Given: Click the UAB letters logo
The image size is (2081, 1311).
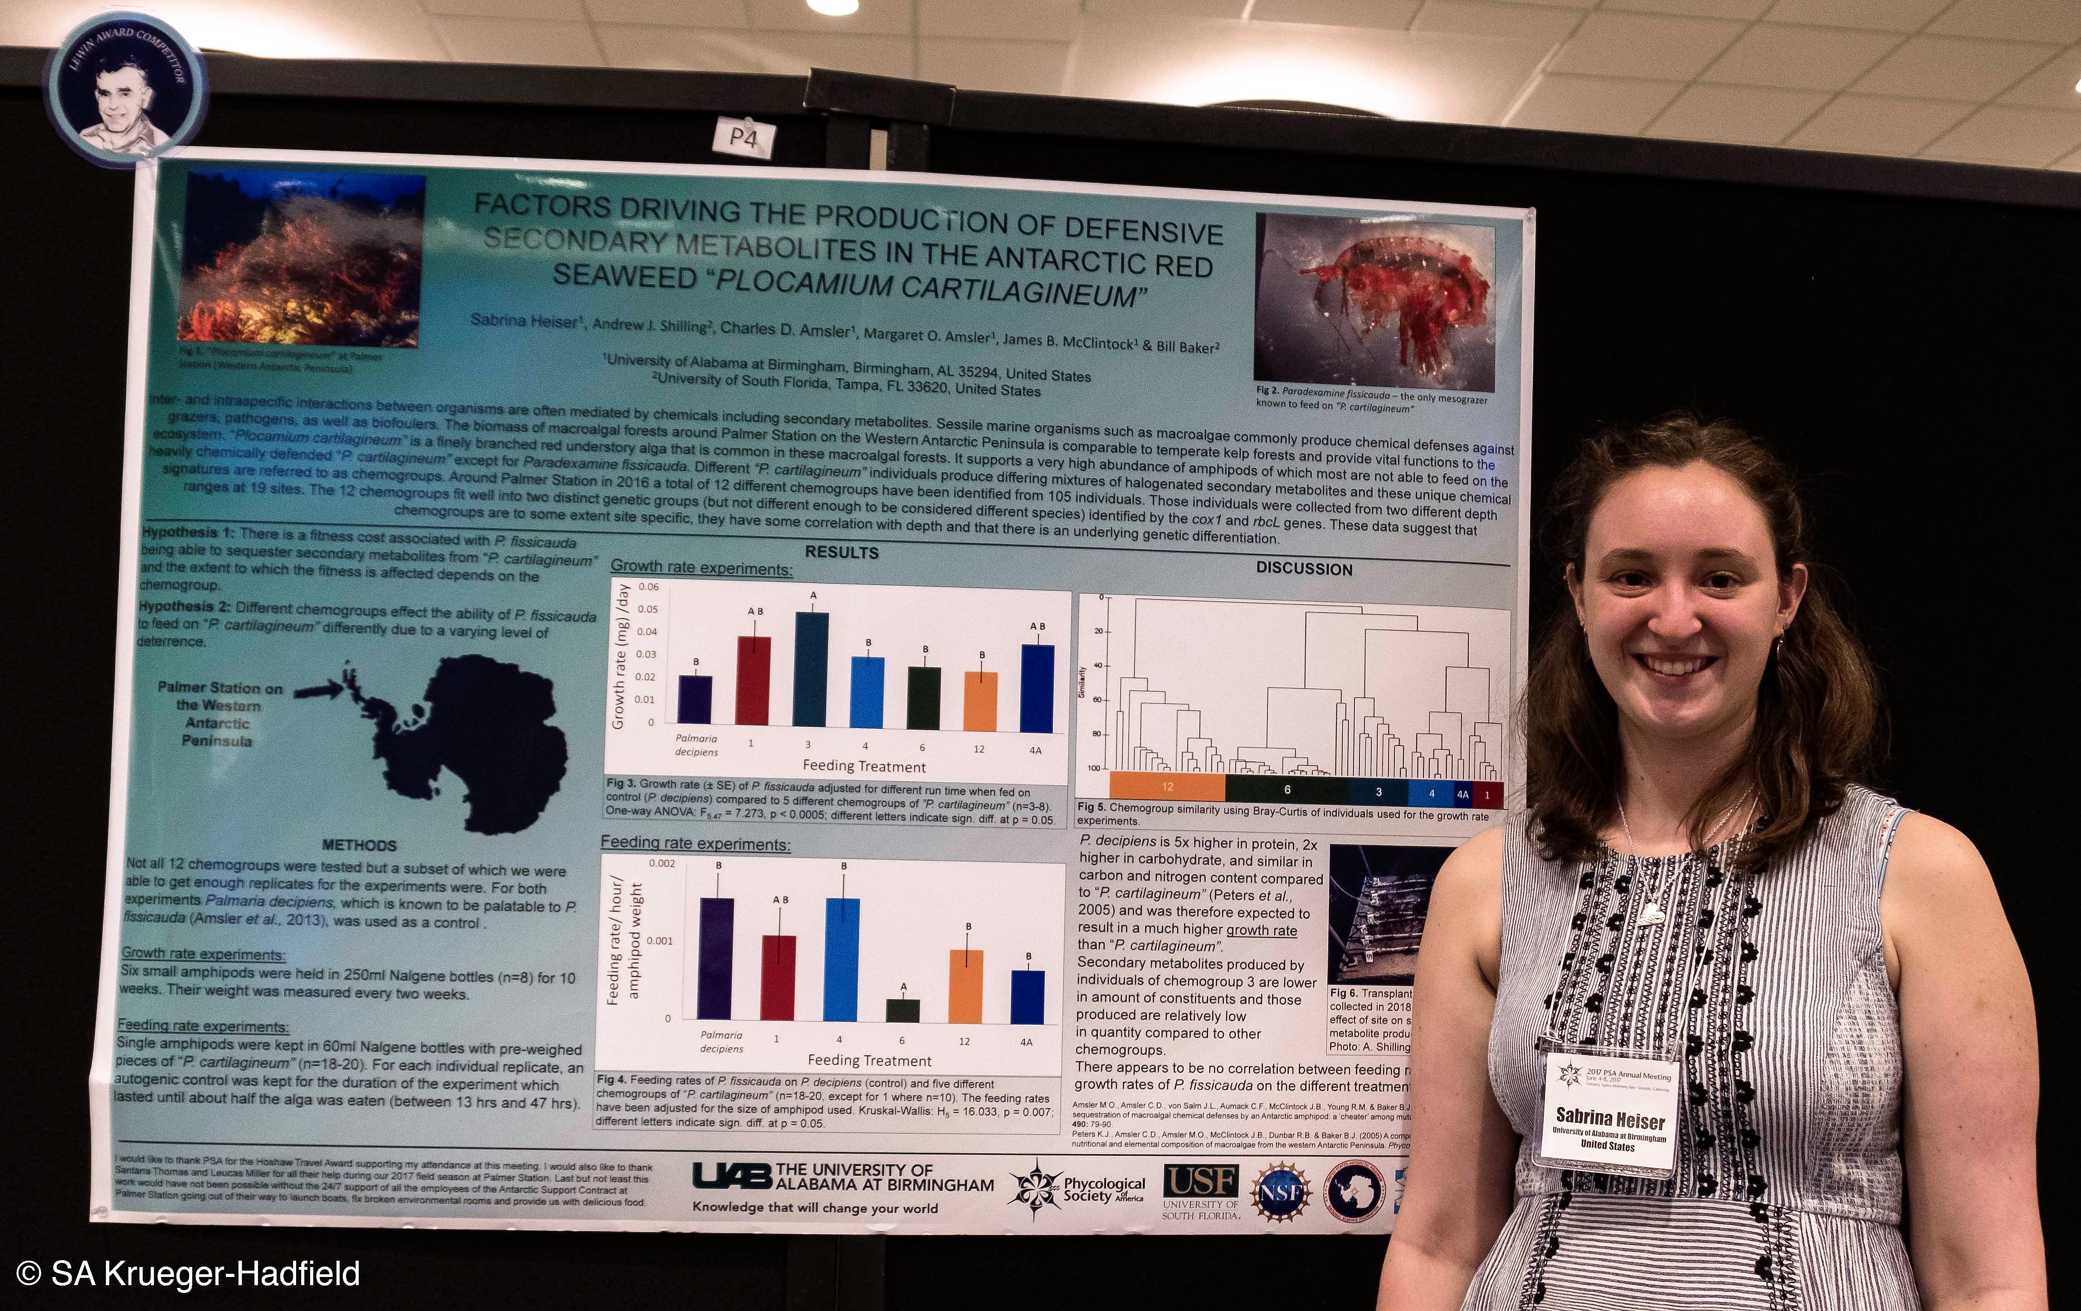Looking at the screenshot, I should coord(731,1175).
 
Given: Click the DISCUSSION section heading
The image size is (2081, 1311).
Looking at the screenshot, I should coord(1304,569).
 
